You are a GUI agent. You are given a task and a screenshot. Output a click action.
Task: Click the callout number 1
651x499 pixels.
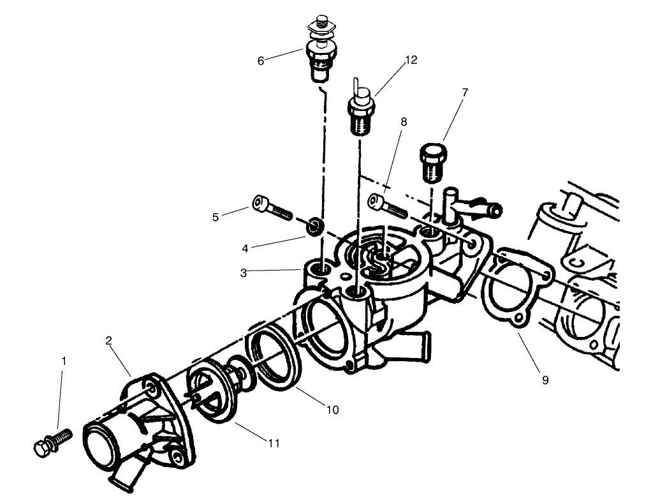pyautogui.click(x=63, y=361)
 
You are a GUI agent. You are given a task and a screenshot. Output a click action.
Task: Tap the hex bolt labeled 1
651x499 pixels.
pyautogui.click(x=51, y=442)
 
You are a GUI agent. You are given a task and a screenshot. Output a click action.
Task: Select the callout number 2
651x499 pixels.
pyautogui.click(x=109, y=341)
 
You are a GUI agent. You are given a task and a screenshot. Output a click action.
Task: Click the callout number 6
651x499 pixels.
pyautogui.click(x=260, y=61)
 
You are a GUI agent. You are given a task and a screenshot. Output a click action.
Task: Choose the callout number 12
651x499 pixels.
pyautogui.click(x=411, y=60)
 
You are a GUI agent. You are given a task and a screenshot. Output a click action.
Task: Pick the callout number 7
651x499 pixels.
pyautogui.click(x=464, y=93)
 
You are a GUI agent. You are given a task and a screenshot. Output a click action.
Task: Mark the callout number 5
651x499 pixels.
pyautogui.click(x=216, y=217)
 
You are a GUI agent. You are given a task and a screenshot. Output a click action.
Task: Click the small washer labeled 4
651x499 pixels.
pyautogui.click(x=314, y=227)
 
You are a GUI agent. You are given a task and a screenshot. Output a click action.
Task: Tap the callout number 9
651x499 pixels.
pyautogui.click(x=545, y=380)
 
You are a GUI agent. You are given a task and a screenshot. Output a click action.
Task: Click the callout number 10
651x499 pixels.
pyautogui.click(x=332, y=410)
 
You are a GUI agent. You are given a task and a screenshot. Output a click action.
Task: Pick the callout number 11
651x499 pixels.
pyautogui.click(x=273, y=442)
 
